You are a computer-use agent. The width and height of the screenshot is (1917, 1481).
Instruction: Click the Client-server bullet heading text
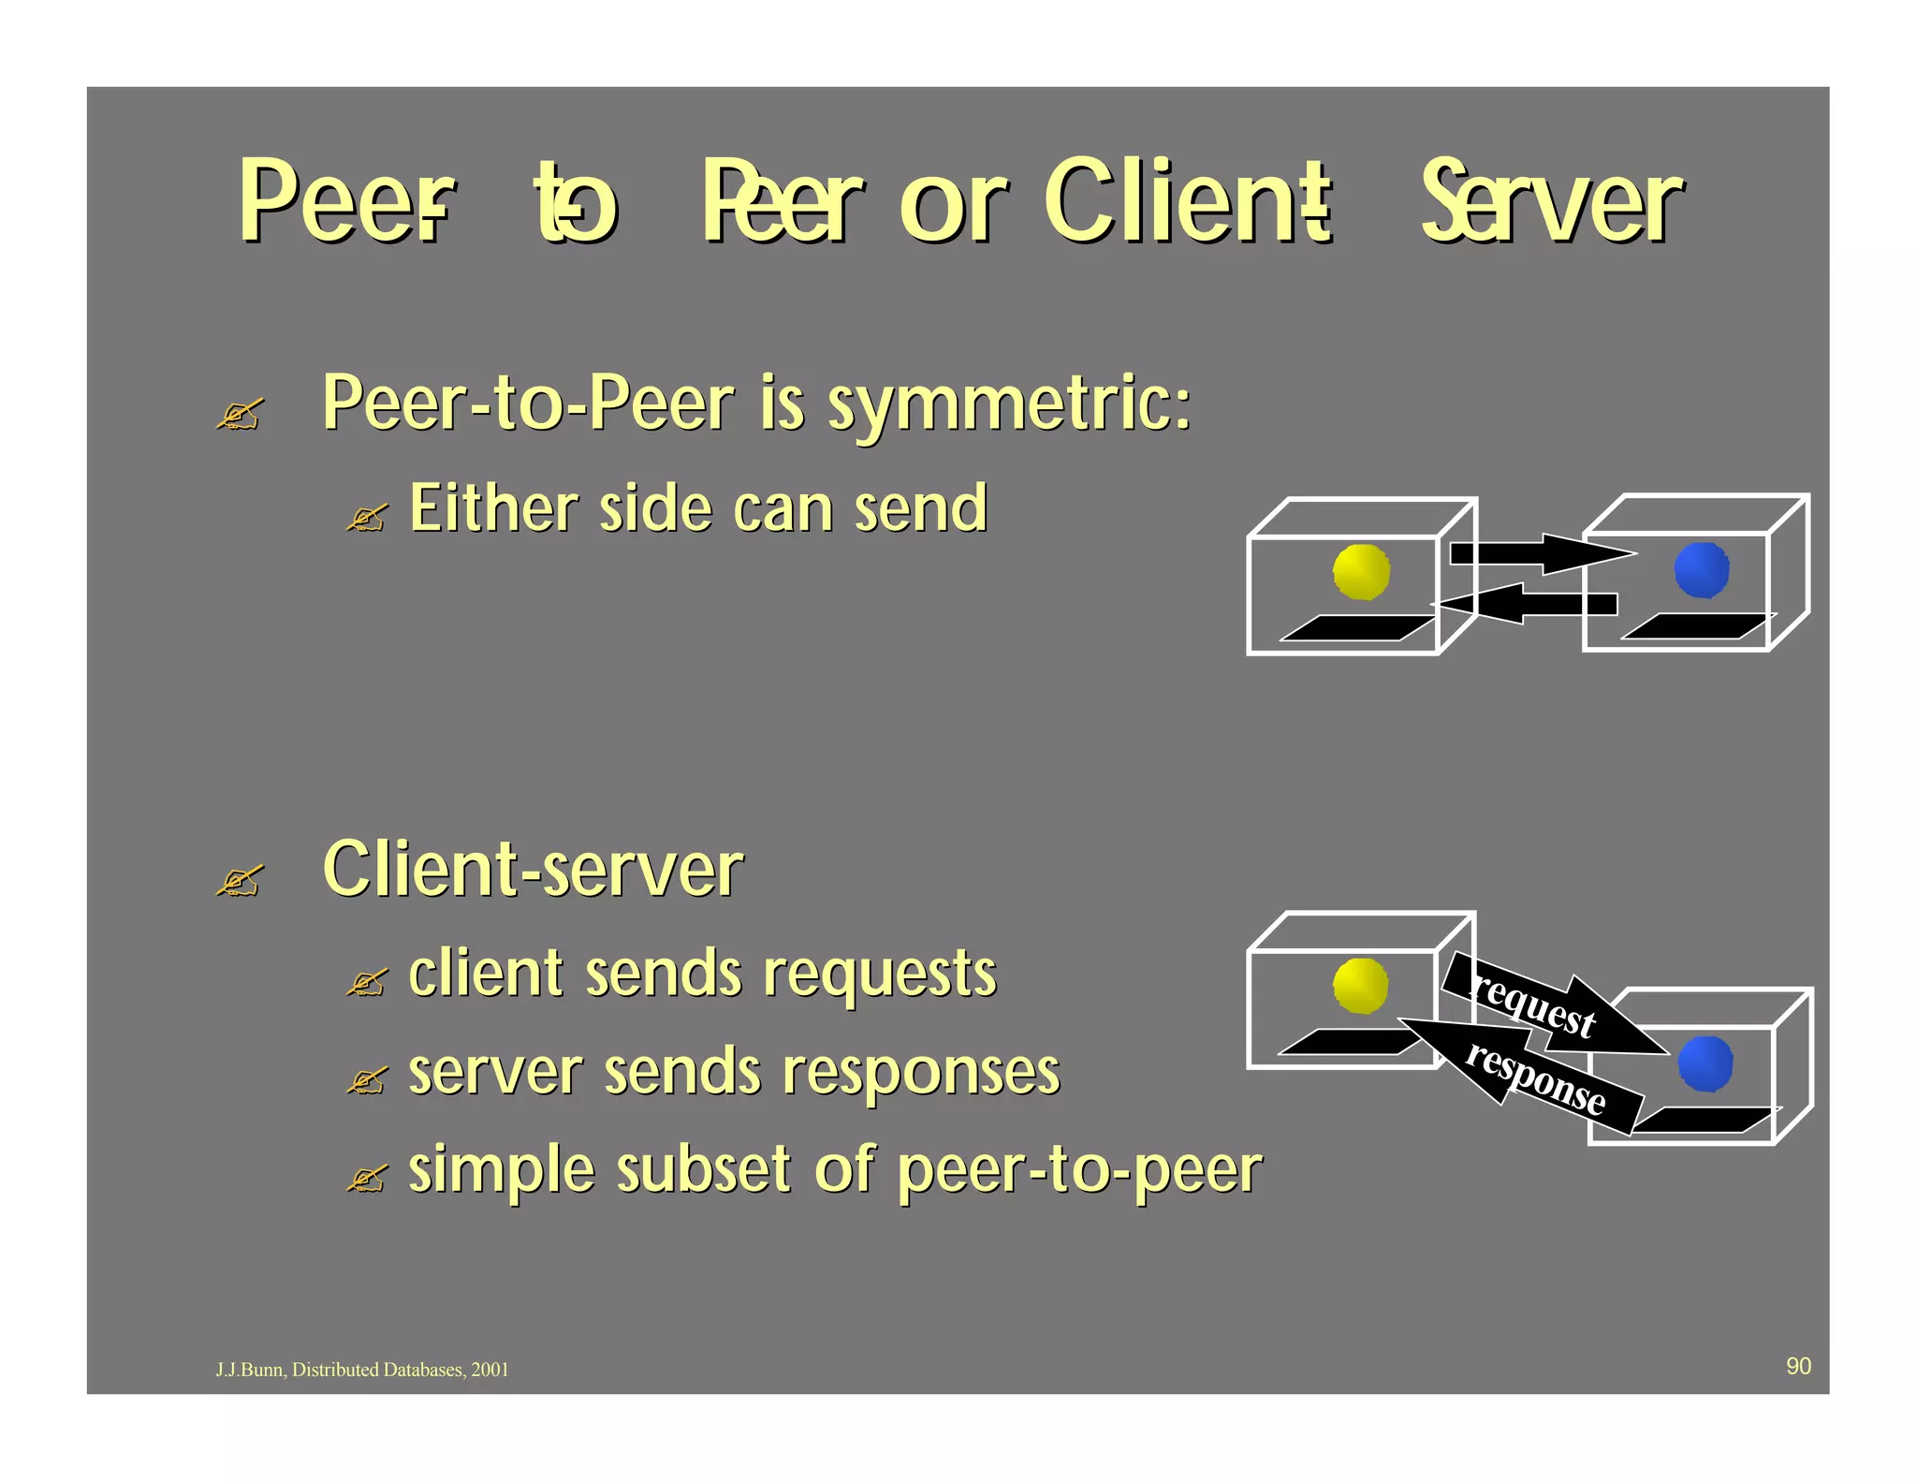coord(532,870)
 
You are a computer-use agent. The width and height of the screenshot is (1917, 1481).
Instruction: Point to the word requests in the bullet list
coord(879,975)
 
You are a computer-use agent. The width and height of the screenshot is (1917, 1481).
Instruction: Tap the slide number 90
coord(1798,1366)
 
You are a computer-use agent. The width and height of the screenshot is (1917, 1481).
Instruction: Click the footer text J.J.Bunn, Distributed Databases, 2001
coord(362,1370)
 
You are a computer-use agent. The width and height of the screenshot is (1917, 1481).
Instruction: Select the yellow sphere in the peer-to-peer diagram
coord(1361,571)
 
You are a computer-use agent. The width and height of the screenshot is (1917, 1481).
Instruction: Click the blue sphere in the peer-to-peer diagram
coord(1701,569)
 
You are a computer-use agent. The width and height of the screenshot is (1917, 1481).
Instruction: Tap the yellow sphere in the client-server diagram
coord(1360,986)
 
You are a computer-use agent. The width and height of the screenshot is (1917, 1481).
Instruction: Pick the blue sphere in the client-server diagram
coord(1705,1063)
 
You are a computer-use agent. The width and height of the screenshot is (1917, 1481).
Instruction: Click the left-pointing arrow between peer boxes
coord(1526,604)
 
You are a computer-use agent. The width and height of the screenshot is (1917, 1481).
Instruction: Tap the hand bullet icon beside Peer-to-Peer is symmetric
coord(240,414)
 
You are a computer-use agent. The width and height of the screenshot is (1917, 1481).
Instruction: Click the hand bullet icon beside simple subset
coord(366,1180)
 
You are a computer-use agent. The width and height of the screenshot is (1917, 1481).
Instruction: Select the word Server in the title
coord(1550,201)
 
